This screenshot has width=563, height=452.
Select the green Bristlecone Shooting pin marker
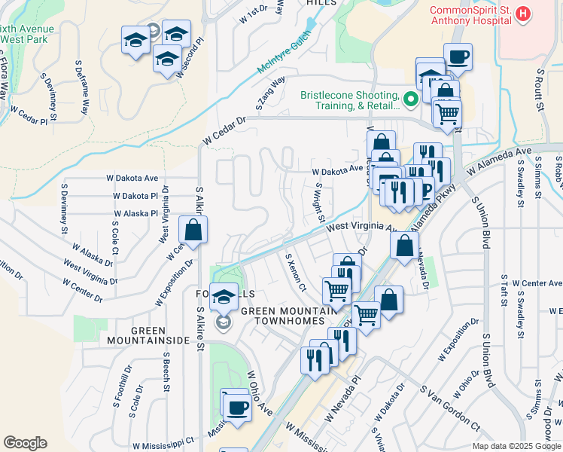pos(410,99)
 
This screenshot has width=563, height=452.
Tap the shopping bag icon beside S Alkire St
pos(193,231)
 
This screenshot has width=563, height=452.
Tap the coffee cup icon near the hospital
pos(458,56)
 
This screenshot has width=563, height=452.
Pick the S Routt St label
pos(540,89)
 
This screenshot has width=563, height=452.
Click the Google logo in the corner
pos(25,442)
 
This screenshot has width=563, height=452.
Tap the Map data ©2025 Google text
pos(516,446)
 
